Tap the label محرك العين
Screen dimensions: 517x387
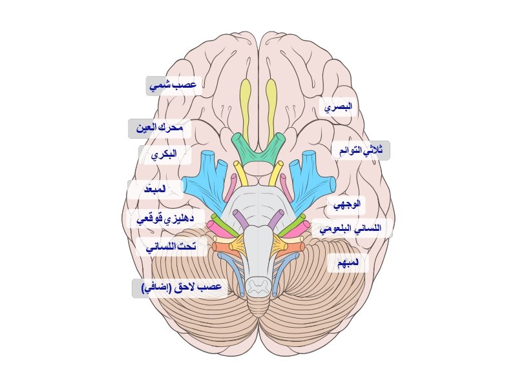click(x=160, y=128)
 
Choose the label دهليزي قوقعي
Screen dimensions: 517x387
click(x=167, y=219)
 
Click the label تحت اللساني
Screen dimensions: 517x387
click(x=171, y=247)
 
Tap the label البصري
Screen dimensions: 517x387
click(x=339, y=106)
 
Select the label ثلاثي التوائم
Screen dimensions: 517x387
click(x=361, y=150)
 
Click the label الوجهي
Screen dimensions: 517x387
click(x=346, y=206)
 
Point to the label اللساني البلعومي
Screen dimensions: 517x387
click(x=352, y=228)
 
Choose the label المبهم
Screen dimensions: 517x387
click(x=348, y=263)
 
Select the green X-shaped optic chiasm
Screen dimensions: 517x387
click(x=259, y=150)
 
